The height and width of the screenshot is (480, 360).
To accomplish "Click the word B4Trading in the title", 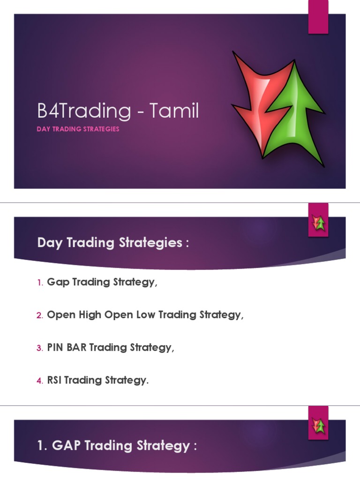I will tap(84, 112).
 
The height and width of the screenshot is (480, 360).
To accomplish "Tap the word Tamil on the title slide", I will tap(174, 111).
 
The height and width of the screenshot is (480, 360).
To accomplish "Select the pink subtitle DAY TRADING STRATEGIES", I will tap(78, 129).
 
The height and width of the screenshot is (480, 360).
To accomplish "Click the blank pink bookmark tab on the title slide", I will tap(318, 17).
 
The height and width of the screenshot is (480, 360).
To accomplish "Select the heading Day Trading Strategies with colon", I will tap(113, 243).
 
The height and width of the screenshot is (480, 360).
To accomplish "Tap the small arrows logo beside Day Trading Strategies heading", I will tap(319, 223).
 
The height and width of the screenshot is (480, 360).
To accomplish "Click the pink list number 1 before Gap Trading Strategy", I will tap(40, 283).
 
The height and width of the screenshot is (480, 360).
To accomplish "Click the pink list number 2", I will tap(40, 315).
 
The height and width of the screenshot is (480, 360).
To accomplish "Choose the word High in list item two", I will tap(90, 315).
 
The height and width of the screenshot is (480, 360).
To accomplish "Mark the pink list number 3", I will tap(40, 348).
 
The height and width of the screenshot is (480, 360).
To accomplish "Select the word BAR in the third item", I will tap(76, 348).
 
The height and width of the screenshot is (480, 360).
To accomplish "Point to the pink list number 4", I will tap(40, 381).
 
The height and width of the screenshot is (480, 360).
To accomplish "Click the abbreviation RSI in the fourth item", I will tap(55, 381).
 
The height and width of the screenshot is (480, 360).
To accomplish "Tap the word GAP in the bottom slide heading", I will tap(65, 445).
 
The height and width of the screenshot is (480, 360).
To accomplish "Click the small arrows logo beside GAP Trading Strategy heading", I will tap(319, 426).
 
